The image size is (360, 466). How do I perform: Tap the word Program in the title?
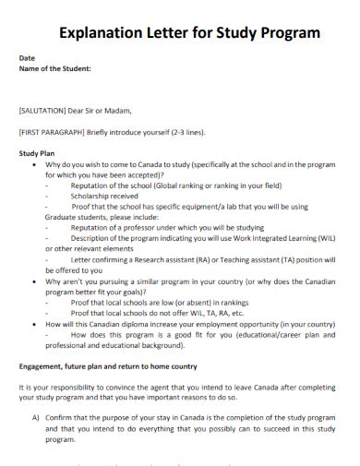(289, 33)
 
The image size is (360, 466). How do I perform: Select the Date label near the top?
(28, 58)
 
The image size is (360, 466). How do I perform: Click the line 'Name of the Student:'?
(55, 68)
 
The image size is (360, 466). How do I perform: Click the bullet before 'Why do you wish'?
(35, 164)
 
